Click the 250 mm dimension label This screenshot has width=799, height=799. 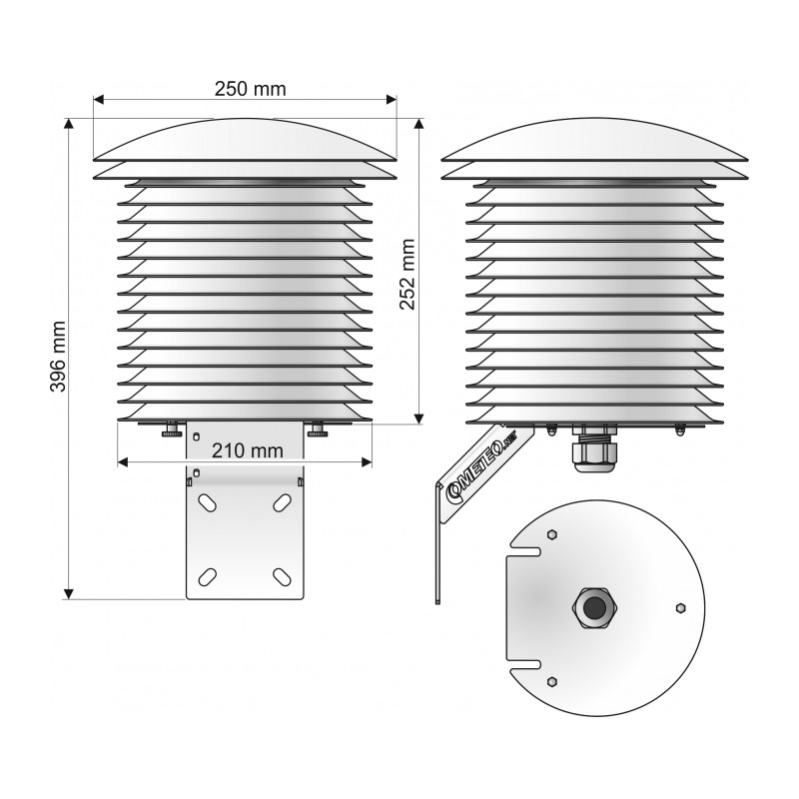[x=250, y=89]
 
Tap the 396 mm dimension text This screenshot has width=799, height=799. [x=58, y=357]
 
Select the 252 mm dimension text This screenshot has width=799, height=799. [x=407, y=275]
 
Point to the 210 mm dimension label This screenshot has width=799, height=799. [x=247, y=450]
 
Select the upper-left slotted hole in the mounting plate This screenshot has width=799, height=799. [x=208, y=503]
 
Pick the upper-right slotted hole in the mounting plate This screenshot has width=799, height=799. [x=282, y=503]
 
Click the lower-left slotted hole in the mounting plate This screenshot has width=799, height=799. [x=208, y=577]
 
